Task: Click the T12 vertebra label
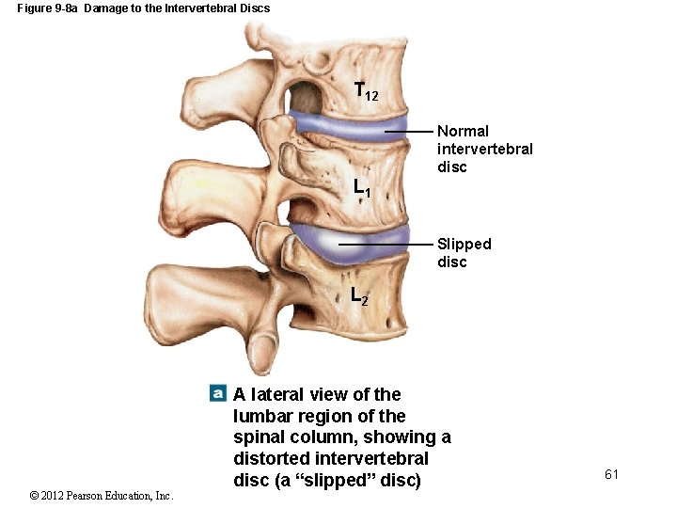[x=366, y=92]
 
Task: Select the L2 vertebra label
[x=359, y=295]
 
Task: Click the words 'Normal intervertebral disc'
[x=484, y=149]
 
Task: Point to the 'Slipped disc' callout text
[x=464, y=252]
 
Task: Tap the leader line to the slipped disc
[x=386, y=244]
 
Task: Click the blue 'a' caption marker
[x=217, y=392]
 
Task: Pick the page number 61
[x=611, y=474]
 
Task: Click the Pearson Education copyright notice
[x=101, y=496]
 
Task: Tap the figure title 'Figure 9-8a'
[x=47, y=8]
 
